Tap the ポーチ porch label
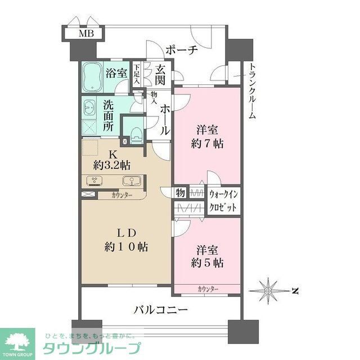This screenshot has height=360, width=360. click(x=181, y=50)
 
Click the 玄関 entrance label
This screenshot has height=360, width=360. click(x=161, y=75)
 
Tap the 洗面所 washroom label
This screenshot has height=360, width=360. click(x=107, y=116)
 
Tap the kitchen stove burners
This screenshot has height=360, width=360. click(x=94, y=181)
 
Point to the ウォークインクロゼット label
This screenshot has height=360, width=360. click(x=223, y=200)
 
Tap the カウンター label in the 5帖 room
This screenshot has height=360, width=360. click(x=208, y=289)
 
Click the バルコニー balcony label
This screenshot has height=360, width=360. click(x=160, y=309)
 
